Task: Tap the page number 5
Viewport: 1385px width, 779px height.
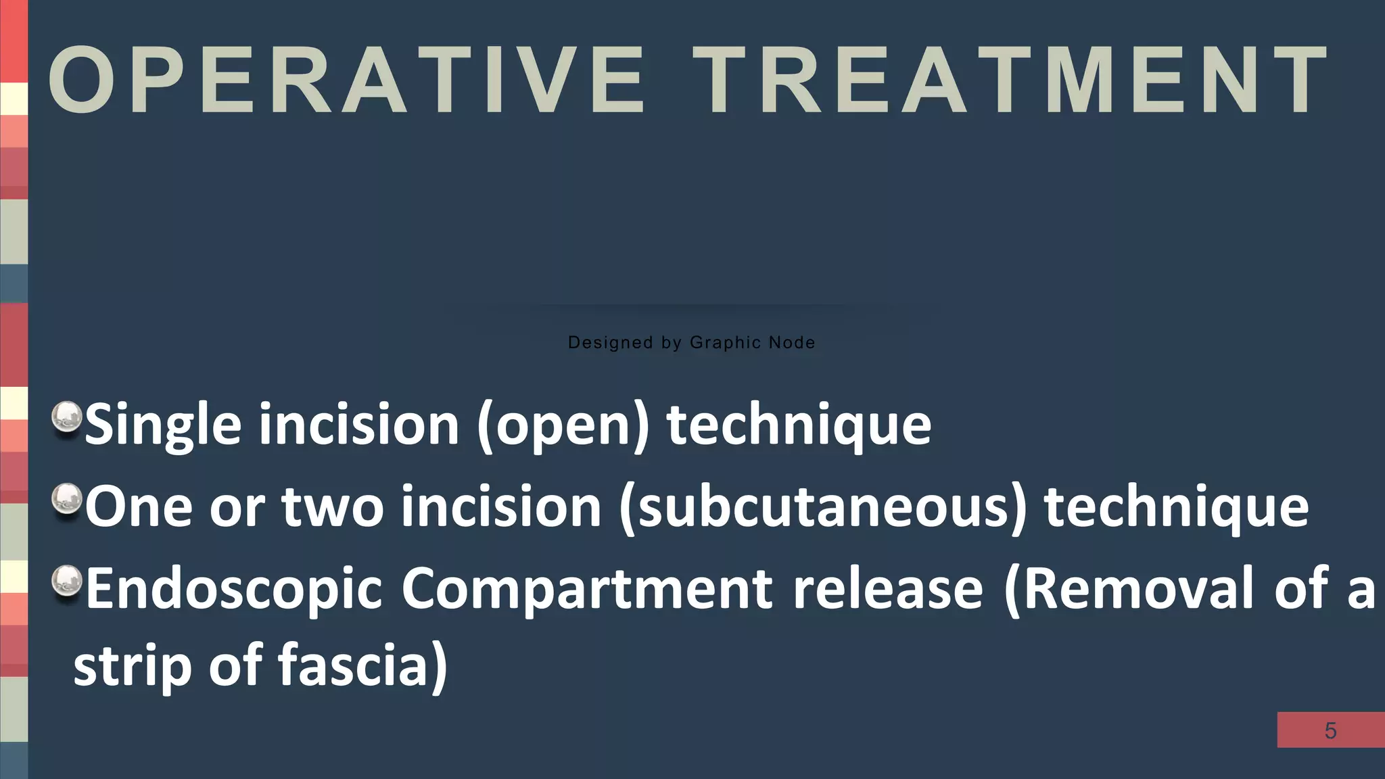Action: point(1330,730)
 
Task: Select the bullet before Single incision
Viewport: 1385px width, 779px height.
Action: point(66,419)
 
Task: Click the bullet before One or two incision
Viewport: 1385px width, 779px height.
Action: point(66,501)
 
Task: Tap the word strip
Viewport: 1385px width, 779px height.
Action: point(133,666)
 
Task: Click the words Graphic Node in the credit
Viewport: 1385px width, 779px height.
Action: point(752,343)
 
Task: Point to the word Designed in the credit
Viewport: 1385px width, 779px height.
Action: point(610,343)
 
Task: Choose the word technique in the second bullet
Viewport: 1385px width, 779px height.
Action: point(1176,508)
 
